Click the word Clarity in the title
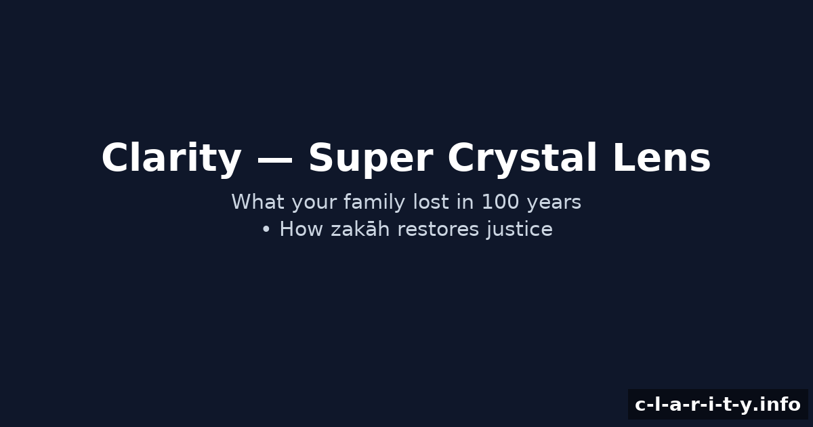point(171,159)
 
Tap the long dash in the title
point(274,159)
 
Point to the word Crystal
point(522,159)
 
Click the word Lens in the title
point(661,157)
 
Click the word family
point(374,203)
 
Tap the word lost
point(431,201)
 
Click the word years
point(554,204)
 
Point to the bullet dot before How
point(266,230)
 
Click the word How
point(301,229)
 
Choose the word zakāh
point(360,229)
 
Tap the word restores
point(438,230)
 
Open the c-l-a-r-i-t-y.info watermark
point(717,404)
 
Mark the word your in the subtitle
point(314,204)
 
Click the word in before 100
point(465,201)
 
